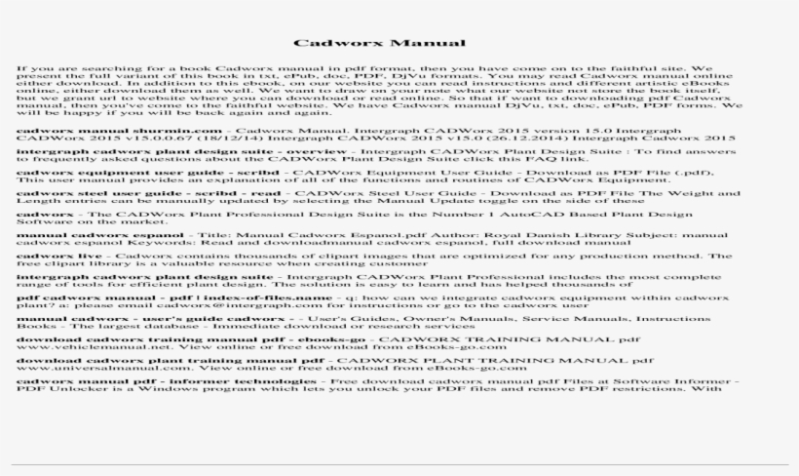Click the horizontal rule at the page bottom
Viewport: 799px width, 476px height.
tap(399, 463)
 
